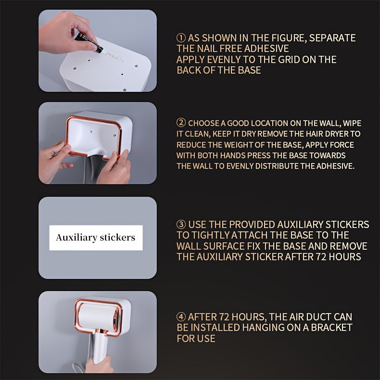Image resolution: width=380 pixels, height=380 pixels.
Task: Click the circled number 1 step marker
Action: coord(181,38)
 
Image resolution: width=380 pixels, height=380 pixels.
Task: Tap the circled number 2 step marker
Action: coord(181,123)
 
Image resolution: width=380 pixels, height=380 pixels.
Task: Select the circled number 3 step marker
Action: coord(181,224)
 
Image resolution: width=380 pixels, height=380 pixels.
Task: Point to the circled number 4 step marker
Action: coord(181,316)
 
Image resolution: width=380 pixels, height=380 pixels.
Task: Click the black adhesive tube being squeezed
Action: coord(89,42)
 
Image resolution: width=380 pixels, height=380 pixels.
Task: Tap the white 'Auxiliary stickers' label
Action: coord(96,238)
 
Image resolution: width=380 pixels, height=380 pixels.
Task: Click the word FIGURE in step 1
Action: coord(288,38)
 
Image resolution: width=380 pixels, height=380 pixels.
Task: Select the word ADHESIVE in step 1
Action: coord(266,48)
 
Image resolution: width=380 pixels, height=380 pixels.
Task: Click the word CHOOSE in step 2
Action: coord(204,123)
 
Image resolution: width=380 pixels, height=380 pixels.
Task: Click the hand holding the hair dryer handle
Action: coord(99,364)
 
